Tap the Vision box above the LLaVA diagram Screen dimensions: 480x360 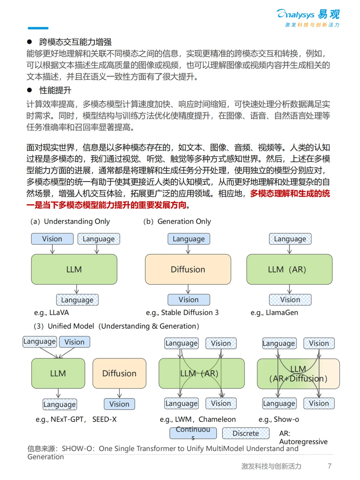point(52,239)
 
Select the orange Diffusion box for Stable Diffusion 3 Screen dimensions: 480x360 point(188,269)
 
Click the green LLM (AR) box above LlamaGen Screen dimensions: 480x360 point(289,269)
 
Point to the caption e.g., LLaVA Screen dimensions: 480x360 point(51,313)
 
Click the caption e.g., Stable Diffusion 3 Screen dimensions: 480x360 point(182,313)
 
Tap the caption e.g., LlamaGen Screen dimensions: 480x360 point(274,313)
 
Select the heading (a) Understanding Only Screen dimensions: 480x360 point(70,221)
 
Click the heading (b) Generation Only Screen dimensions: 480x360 point(177,221)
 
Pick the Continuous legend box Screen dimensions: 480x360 point(193,433)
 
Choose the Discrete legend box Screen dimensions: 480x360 point(246,433)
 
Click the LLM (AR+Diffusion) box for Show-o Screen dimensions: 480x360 point(298,374)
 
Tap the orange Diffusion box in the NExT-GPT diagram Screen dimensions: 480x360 point(119,373)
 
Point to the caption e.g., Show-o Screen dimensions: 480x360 point(279,419)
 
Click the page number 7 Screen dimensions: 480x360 point(329,466)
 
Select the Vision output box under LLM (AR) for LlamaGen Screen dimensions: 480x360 point(290,300)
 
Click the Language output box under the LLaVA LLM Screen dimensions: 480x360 point(77,300)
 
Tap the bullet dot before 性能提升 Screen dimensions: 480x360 point(29,90)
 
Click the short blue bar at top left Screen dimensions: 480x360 point(38,28)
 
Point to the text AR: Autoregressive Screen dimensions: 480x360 point(303,437)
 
